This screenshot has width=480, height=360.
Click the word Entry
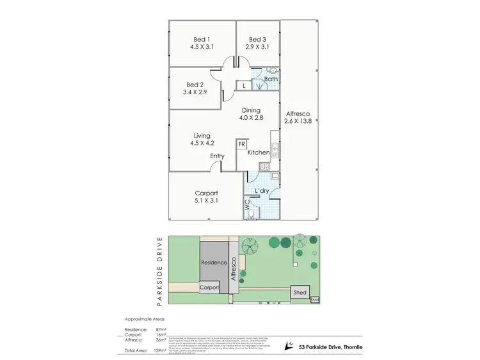(217, 156)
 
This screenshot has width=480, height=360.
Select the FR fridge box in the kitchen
(242, 145)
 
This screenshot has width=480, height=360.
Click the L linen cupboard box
(243, 85)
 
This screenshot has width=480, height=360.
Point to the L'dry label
(262, 191)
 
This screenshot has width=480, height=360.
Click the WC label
(246, 206)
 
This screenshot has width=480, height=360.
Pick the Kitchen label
(259, 152)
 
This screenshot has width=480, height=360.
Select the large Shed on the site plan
(300, 292)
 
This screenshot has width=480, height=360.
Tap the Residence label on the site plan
(213, 263)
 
